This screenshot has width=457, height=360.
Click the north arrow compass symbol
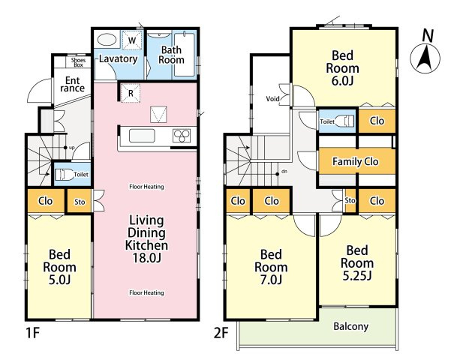425,58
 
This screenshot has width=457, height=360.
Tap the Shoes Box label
78,62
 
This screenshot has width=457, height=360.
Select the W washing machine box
132,40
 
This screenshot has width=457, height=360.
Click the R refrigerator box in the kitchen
131,93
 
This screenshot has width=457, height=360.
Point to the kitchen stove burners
182,136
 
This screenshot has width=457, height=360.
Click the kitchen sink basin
142,136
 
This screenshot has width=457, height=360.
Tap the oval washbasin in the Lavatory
107,39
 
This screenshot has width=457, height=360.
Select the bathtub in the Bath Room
184,55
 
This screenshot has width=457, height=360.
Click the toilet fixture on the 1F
64,175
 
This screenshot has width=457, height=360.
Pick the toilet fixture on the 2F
344,121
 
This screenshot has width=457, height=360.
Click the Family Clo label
355,161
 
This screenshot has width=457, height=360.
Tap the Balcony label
350,326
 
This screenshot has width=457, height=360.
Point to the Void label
272,99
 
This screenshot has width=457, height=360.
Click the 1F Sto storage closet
80,202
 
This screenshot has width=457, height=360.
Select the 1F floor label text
33,334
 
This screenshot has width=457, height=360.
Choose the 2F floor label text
221,334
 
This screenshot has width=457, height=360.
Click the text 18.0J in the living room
146,258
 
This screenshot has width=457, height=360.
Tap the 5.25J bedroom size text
357,275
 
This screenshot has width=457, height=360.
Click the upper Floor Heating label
146,187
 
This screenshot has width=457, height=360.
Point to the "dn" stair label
284,171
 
